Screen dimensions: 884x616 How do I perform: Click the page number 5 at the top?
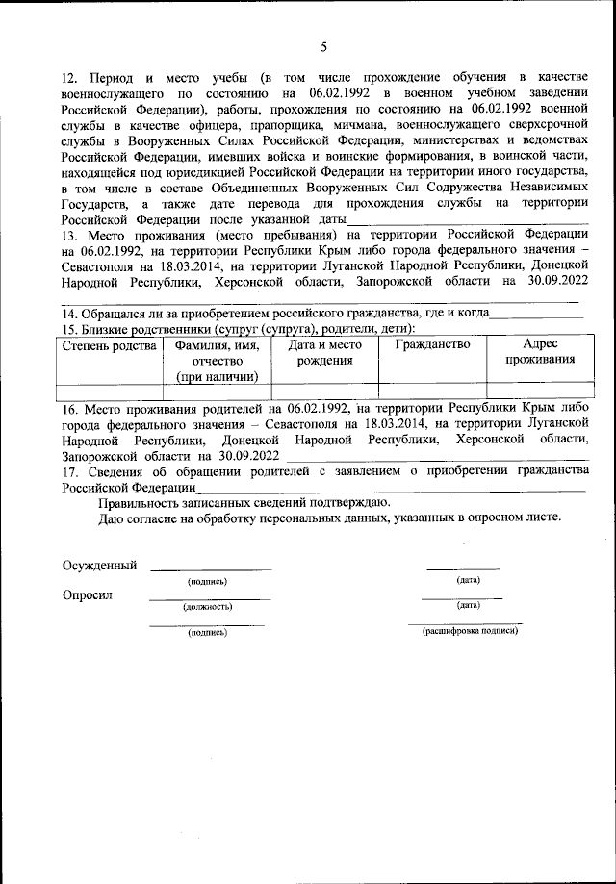click(323, 45)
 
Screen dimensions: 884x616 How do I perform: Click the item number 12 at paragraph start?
click(70, 76)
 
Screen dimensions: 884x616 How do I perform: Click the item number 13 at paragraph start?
click(70, 236)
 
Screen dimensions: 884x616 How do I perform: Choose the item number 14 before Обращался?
click(70, 314)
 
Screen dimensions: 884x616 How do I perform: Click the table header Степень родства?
click(108, 344)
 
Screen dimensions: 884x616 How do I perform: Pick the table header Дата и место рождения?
click(324, 352)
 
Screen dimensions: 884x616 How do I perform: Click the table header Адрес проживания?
click(534, 352)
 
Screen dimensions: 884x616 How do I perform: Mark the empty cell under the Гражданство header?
click(432, 390)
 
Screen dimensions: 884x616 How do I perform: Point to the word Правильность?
click(141, 501)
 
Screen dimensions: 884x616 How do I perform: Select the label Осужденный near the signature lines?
click(99, 565)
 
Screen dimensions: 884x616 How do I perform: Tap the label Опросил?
click(88, 594)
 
